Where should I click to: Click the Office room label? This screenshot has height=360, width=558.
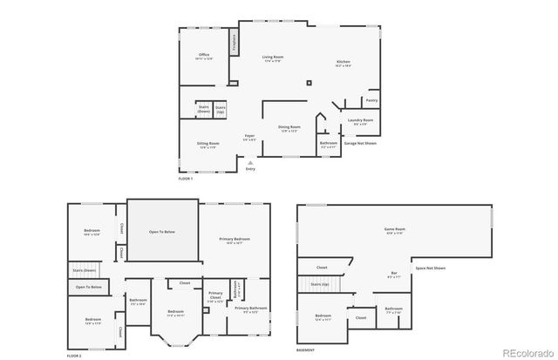click(204, 57)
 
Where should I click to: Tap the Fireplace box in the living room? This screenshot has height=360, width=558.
click(234, 43)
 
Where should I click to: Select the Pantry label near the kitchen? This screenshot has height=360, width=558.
click(371, 100)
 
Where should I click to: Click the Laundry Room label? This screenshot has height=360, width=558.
click(360, 121)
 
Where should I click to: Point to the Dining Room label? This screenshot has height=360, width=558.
click(289, 128)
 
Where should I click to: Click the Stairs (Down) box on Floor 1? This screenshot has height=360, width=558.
click(204, 111)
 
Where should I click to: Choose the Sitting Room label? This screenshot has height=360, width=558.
click(208, 144)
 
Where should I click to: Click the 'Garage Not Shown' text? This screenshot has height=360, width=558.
click(360, 143)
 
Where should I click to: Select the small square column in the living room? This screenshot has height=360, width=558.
click(308, 84)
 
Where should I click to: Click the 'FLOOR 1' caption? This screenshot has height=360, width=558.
click(185, 179)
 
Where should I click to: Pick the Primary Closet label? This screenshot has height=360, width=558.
click(215, 296)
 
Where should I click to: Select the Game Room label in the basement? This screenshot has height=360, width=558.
click(395, 230)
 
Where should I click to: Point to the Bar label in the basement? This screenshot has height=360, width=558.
click(394, 274)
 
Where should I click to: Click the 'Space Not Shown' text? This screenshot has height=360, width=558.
click(430, 268)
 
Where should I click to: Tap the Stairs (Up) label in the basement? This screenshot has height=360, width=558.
click(319, 284)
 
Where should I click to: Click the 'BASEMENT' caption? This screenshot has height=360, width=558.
click(305, 350)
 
